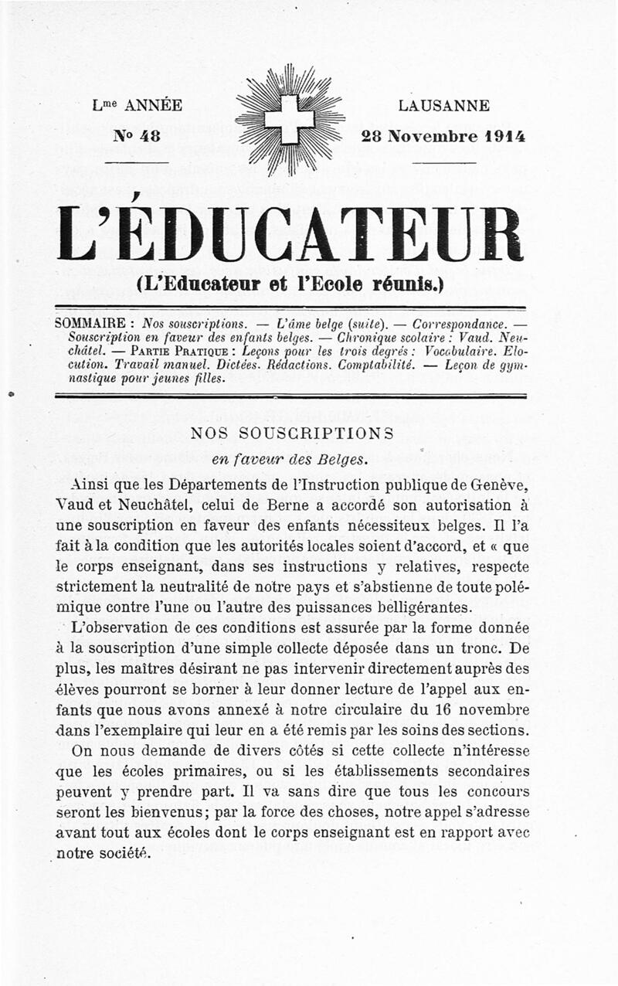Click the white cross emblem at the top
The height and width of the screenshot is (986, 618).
(x=290, y=119)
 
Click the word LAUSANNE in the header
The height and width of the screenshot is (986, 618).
(x=444, y=106)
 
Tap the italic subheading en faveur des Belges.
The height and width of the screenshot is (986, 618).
(x=289, y=460)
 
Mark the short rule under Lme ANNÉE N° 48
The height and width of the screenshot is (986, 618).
(x=136, y=161)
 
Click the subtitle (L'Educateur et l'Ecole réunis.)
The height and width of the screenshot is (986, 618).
(x=289, y=284)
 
